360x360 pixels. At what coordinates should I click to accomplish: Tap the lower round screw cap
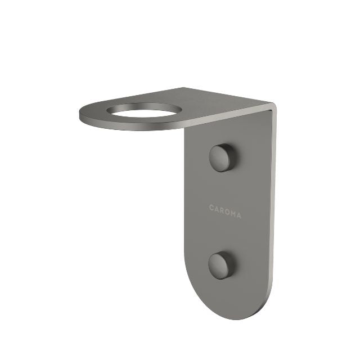click(222, 264)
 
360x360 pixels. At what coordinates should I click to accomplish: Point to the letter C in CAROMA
click(211, 208)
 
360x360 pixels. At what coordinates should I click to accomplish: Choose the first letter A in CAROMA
click(217, 208)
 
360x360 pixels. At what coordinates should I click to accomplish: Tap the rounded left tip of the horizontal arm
click(83, 115)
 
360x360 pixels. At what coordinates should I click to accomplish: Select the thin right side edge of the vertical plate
click(274, 214)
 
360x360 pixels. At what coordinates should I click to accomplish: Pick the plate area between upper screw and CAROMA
click(224, 186)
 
